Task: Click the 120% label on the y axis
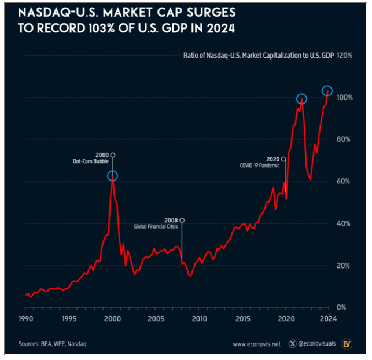[x=345, y=56]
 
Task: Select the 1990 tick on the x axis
[x=25, y=319]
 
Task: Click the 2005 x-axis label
[x=156, y=319]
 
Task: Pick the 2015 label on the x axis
[x=242, y=319]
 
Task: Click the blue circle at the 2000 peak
[x=112, y=176]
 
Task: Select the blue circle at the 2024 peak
[x=327, y=91]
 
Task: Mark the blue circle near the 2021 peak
[x=301, y=100]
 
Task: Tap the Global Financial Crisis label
[x=156, y=227]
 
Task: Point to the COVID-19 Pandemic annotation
[x=260, y=166]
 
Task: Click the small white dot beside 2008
[x=182, y=220]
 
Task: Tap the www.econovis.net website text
[x=257, y=344]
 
